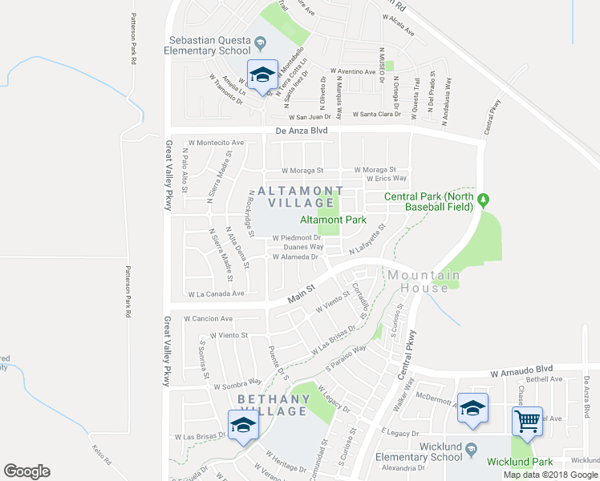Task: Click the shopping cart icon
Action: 528,419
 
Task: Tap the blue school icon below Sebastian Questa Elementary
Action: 261,75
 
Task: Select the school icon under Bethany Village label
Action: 241,425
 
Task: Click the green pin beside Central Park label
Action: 483,198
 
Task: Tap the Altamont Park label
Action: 333,220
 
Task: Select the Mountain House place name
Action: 419,281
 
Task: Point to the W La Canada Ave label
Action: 215,293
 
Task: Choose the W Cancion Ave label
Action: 208,318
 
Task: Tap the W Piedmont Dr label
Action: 296,237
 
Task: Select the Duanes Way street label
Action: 297,247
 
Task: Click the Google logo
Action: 27,471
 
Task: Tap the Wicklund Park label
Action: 520,462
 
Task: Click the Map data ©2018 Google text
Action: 550,475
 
